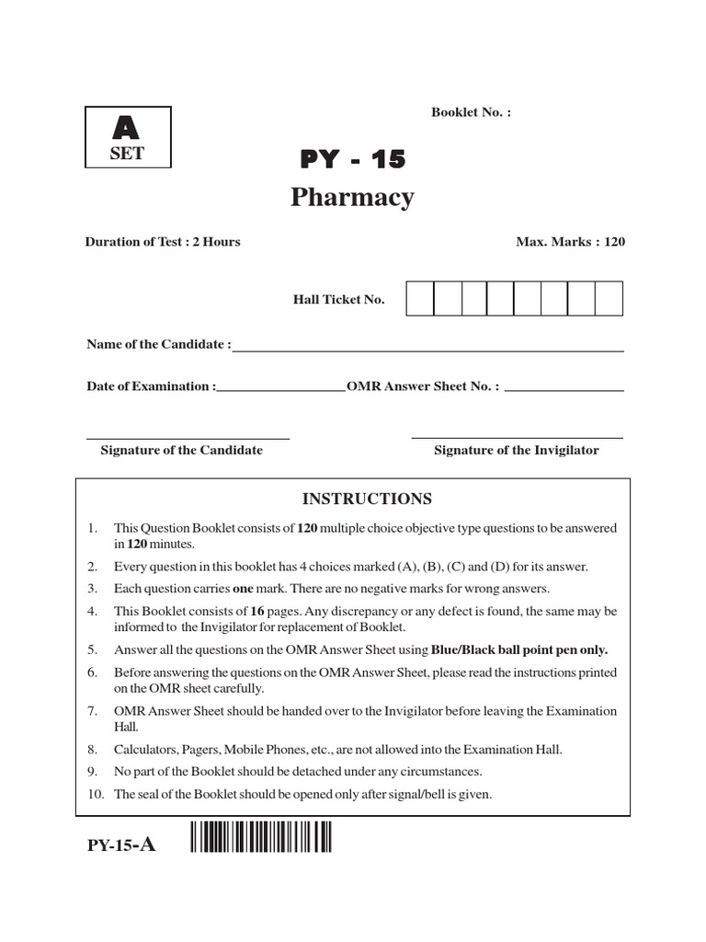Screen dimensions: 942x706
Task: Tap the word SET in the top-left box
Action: tap(127, 154)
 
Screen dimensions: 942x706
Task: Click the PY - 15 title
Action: tap(352, 159)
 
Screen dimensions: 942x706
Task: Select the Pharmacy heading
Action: tap(353, 198)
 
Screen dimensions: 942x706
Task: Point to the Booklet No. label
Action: tap(471, 112)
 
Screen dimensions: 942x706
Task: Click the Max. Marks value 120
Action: tap(614, 242)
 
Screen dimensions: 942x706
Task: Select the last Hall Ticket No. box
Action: tap(609, 299)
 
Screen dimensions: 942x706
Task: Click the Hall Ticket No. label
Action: tap(338, 300)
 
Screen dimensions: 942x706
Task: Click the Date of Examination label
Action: tap(151, 386)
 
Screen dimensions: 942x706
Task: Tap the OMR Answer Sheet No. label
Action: tap(423, 386)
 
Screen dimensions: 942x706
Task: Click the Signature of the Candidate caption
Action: tap(181, 450)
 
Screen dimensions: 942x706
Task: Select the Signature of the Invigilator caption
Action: tap(516, 450)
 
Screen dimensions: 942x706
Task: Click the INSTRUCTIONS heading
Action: tap(367, 499)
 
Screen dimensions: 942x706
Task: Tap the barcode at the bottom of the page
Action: tap(261, 840)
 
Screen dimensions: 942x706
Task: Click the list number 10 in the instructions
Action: tap(93, 794)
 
